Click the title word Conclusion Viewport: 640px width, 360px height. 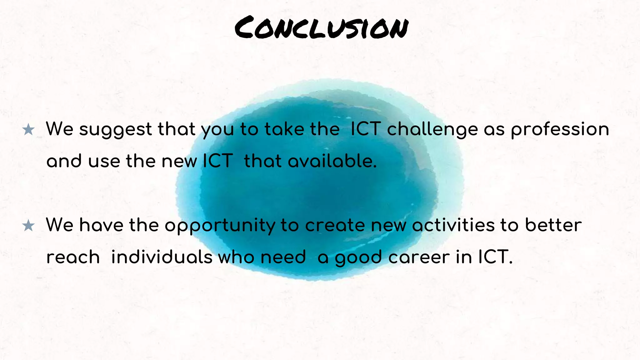(321, 28)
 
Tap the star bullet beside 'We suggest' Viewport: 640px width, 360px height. (28, 130)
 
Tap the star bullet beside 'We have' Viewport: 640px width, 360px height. (28, 226)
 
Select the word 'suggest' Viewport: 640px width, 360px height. (115, 130)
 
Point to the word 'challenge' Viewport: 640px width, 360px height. (432, 130)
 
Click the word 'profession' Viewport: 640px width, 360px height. (560, 130)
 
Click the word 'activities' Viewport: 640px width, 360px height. (453, 225)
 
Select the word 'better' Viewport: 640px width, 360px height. (553, 225)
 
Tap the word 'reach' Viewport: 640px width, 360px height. (73, 257)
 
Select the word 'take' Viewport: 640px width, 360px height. (284, 129)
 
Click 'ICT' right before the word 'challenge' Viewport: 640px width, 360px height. (365, 129)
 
